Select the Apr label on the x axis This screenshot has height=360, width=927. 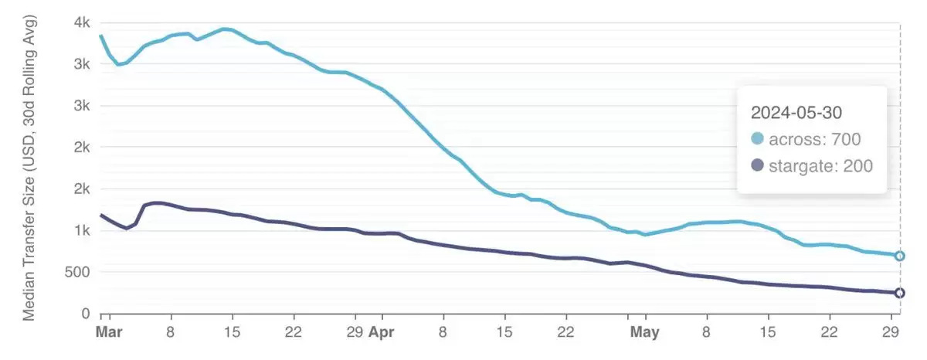(381, 333)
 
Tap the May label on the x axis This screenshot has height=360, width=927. (644, 333)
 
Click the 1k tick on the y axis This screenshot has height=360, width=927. (82, 230)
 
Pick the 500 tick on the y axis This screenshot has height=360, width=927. (77, 272)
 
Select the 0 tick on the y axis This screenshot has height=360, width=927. (87, 314)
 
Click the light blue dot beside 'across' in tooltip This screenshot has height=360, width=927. (757, 139)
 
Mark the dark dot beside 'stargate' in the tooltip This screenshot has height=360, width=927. (757, 165)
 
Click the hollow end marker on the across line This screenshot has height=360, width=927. (900, 256)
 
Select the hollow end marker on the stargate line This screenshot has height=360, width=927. (900, 293)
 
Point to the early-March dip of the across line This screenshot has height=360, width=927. (118, 64)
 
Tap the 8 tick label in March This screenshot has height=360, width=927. (171, 333)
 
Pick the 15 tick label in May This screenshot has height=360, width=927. (767, 333)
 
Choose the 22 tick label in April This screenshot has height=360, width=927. (565, 333)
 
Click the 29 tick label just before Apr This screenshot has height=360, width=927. (355, 333)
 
